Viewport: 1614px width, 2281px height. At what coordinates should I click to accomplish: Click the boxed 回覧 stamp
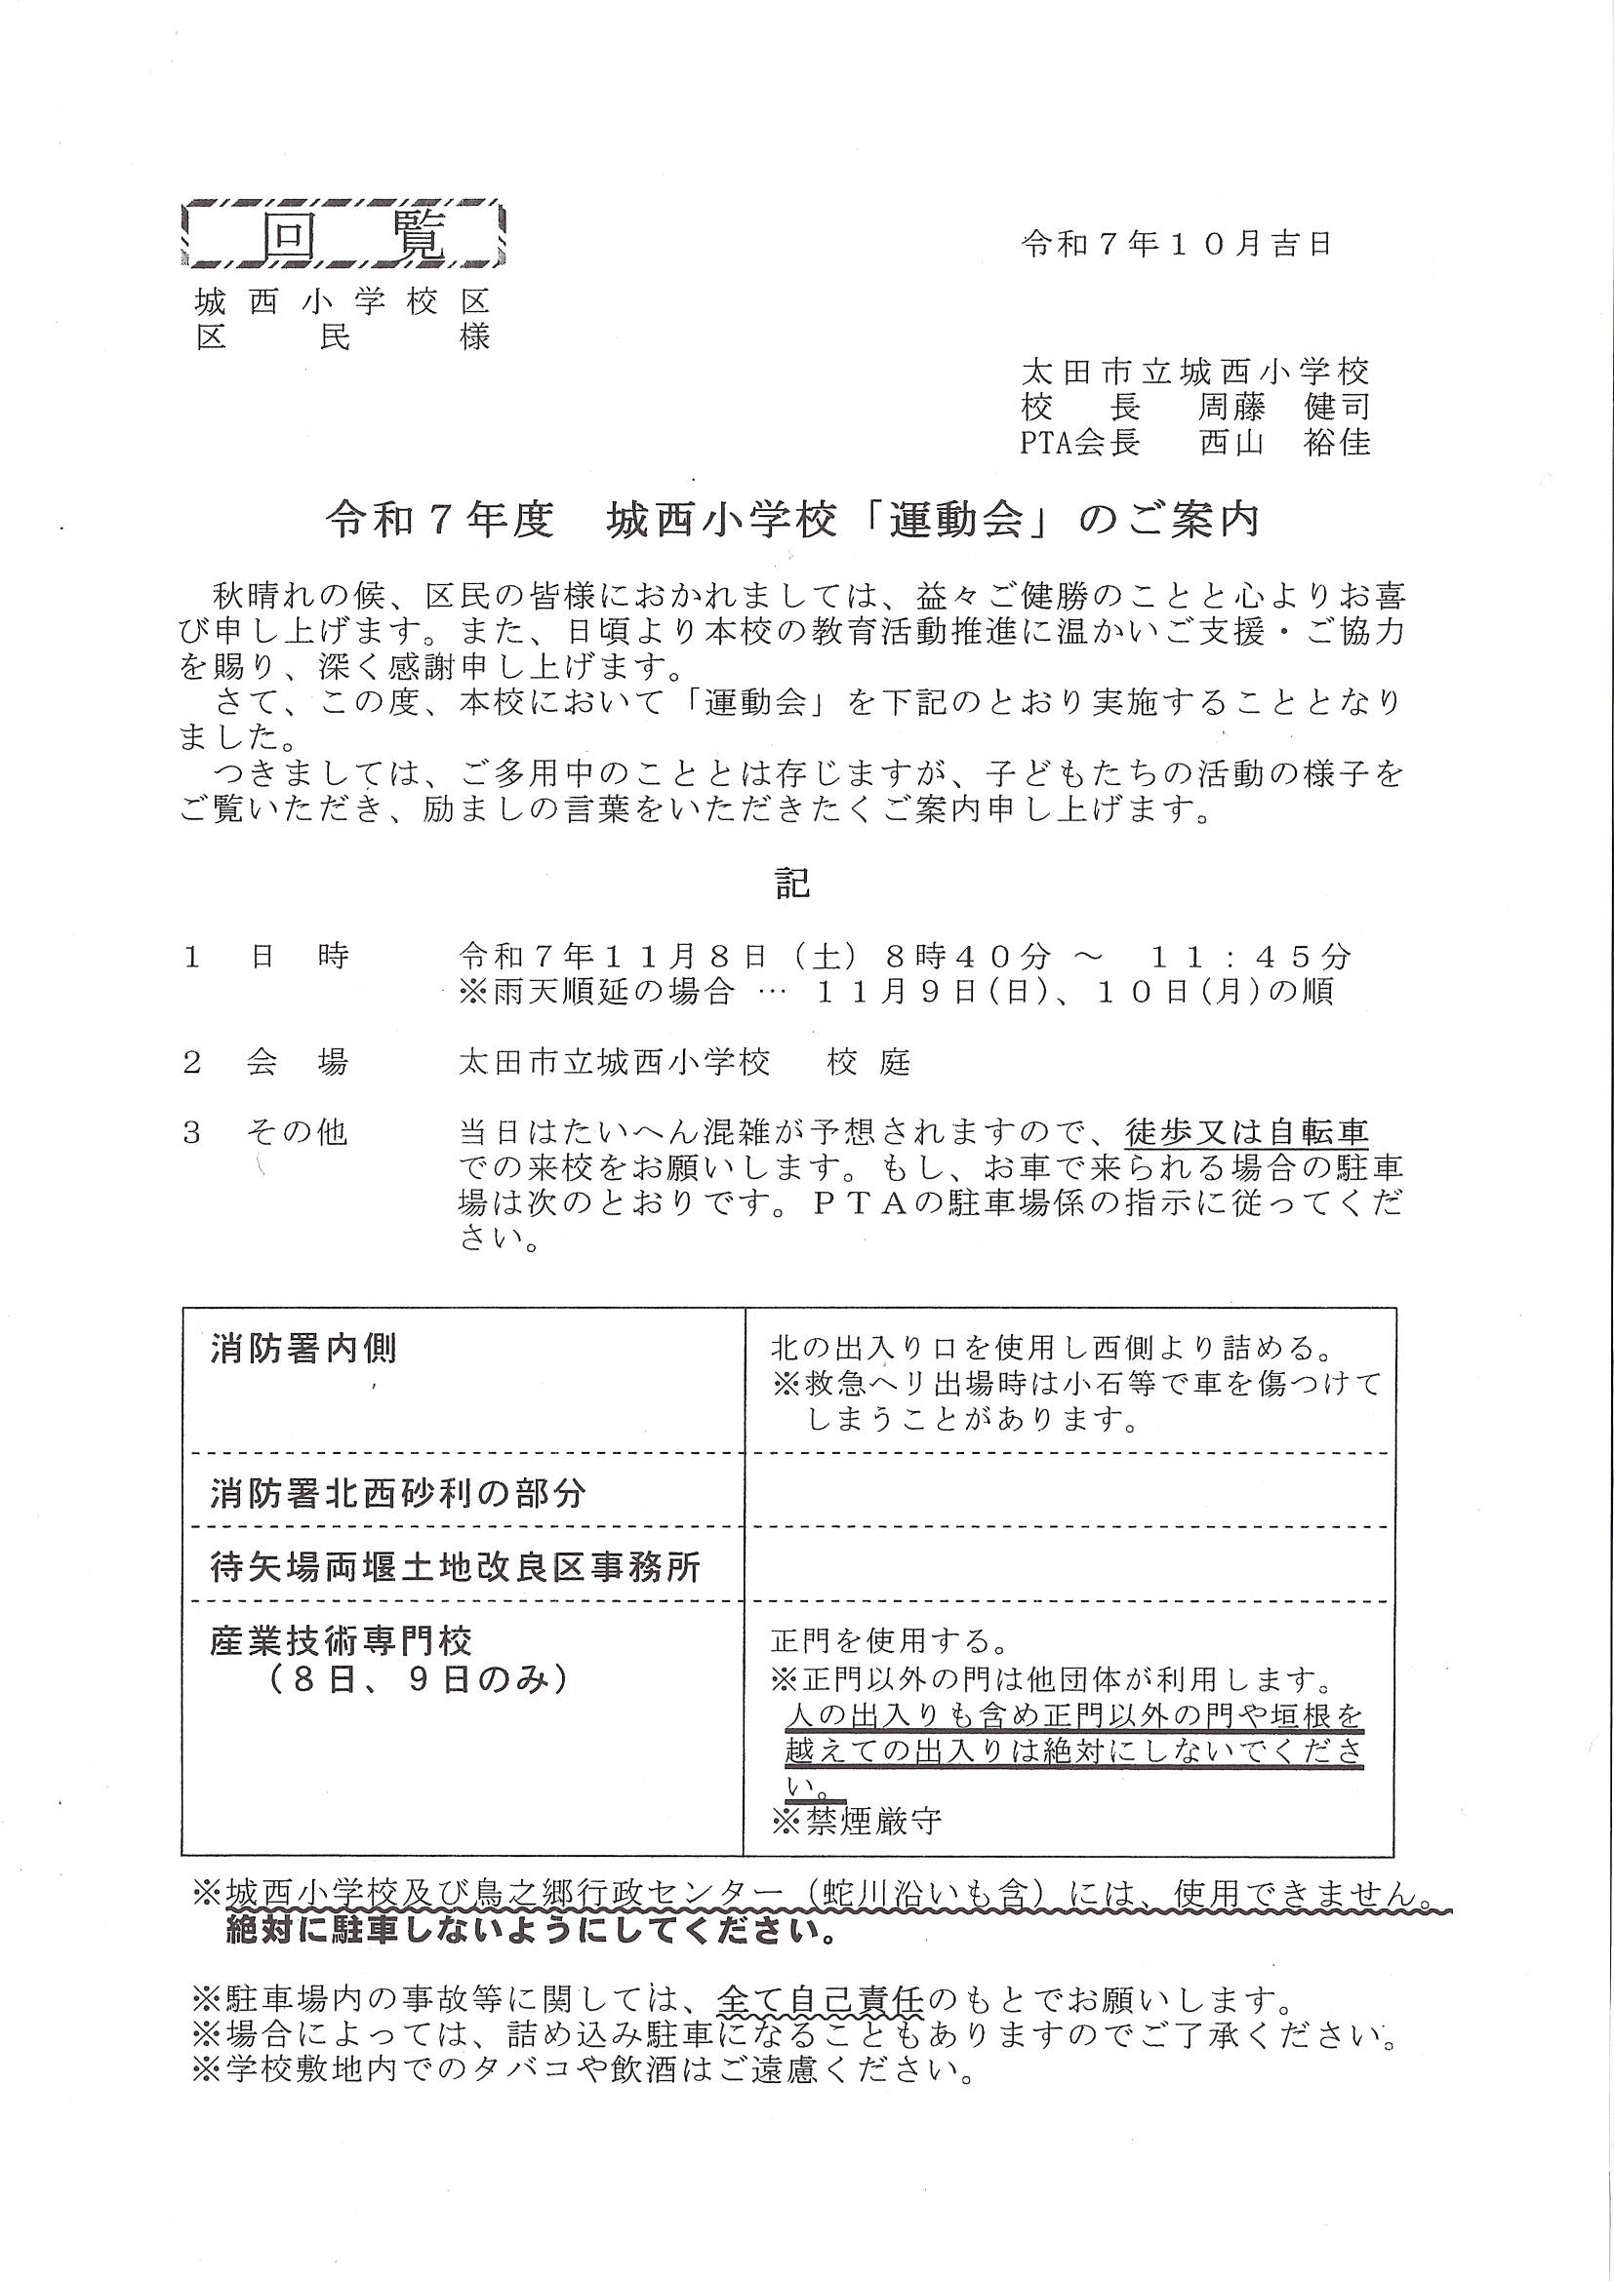pyautogui.click(x=343, y=235)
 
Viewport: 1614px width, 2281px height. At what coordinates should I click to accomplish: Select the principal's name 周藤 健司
pyautogui.click(x=1285, y=407)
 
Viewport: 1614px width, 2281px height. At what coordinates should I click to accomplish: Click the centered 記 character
pyautogui.click(x=793, y=884)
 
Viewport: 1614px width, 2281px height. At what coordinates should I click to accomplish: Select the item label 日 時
pyautogui.click(x=299, y=957)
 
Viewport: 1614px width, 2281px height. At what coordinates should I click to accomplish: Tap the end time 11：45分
pyautogui.click(x=1251, y=957)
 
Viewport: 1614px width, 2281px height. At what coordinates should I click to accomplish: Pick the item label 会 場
pyautogui.click(x=298, y=1063)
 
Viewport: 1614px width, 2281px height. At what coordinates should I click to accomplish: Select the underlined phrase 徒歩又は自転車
pyautogui.click(x=1247, y=1131)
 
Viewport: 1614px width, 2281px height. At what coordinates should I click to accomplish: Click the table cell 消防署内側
pyautogui.click(x=304, y=1349)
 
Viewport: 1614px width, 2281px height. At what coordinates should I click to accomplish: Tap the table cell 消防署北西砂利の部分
pyautogui.click(x=398, y=1493)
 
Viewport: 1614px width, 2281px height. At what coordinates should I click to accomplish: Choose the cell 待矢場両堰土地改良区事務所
pyautogui.click(x=456, y=1568)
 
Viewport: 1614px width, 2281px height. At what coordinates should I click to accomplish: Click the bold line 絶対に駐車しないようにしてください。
pyautogui.click(x=531, y=1933)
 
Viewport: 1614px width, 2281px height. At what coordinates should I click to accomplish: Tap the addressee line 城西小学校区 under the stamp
pyautogui.click(x=343, y=302)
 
